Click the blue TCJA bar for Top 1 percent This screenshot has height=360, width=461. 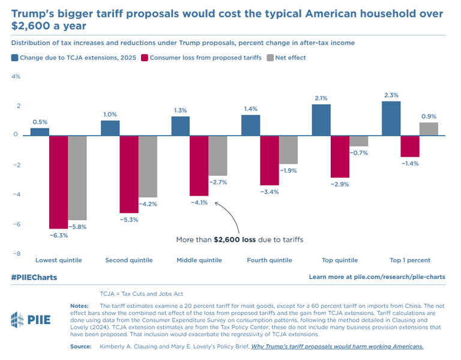391,118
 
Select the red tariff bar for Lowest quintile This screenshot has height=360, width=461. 58,182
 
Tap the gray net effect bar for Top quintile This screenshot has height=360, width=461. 358,141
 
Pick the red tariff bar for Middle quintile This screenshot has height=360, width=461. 199,166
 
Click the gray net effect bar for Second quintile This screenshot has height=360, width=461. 148,166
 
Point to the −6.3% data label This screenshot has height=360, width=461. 58,235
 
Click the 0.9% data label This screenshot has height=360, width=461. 429,116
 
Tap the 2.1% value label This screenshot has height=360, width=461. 321,98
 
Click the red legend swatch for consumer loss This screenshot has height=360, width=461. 145,58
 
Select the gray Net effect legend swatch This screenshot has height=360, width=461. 270,58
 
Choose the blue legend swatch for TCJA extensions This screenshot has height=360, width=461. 14,58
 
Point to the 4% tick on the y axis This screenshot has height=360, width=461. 17,77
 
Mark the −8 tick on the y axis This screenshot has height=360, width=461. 17,254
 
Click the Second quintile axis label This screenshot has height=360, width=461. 129,260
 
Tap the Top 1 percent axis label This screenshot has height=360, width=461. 410,260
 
